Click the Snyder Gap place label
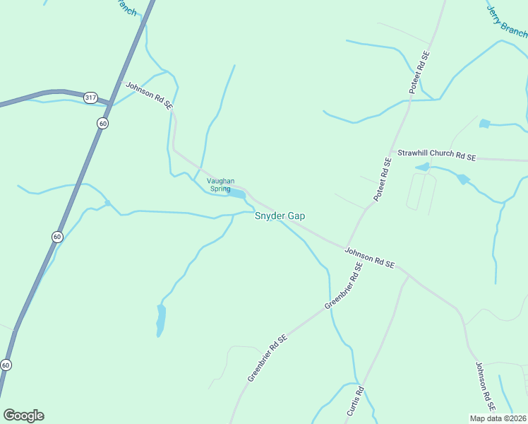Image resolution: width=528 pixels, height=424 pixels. click(x=280, y=216)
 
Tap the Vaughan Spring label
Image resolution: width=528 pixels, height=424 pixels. click(x=220, y=184)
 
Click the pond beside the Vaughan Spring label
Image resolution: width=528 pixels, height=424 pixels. click(x=238, y=193)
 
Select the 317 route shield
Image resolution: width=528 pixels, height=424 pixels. click(x=90, y=98)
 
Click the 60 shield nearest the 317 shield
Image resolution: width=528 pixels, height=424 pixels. click(x=103, y=123)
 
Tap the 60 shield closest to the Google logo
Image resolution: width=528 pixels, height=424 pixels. click(x=6, y=365)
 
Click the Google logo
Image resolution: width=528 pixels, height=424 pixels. click(x=23, y=415)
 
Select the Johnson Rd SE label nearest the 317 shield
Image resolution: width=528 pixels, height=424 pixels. click(x=149, y=95)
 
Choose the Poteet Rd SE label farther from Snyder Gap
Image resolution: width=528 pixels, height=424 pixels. click(x=419, y=73)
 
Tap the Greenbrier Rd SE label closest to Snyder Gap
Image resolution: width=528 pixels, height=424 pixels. click(x=344, y=285)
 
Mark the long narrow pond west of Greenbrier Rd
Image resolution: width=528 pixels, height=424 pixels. click(x=161, y=319)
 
